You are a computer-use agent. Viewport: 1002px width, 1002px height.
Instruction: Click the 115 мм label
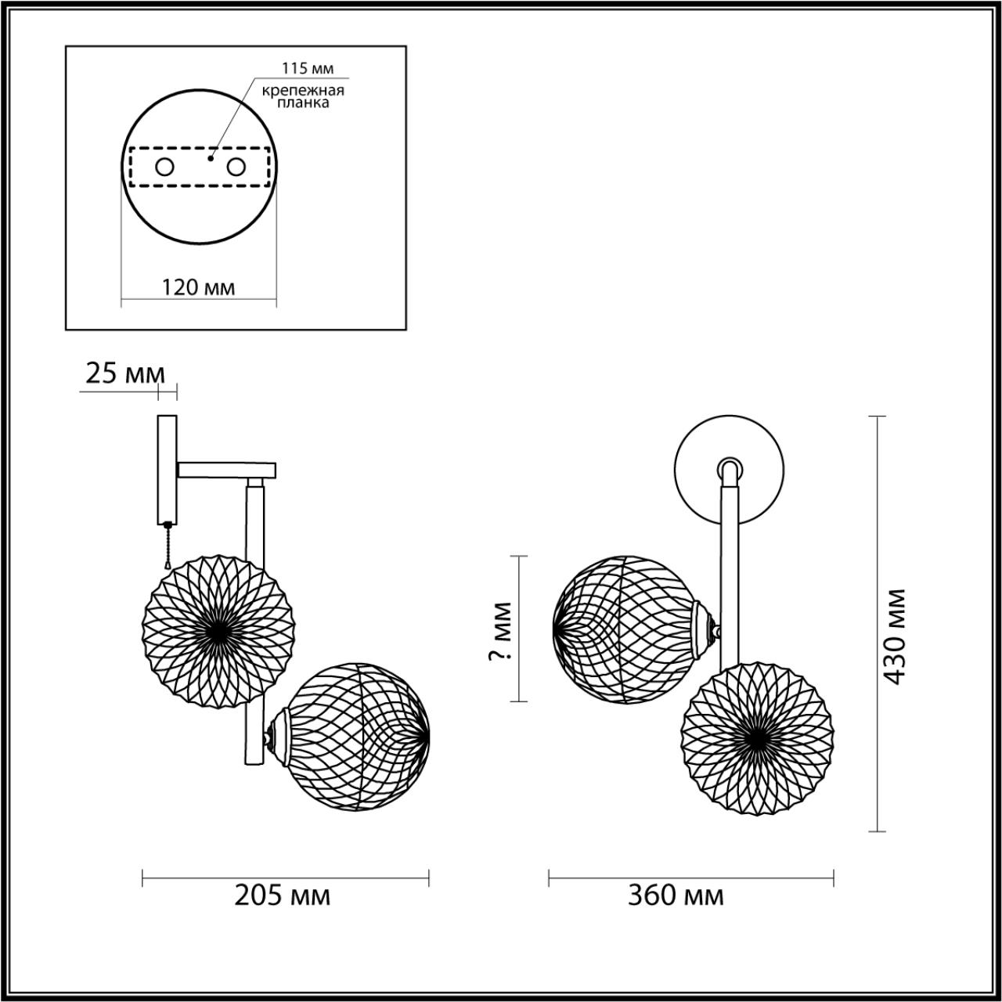pos(308,68)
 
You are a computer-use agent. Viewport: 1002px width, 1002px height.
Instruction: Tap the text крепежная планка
pos(303,97)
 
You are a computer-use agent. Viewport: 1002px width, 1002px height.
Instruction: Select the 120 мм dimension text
pos(199,287)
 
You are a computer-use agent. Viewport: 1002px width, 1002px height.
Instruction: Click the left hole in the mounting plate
pos(165,168)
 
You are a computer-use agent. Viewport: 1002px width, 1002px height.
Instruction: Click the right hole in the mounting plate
pos(236,168)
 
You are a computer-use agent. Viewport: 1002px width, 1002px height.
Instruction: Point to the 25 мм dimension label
pos(125,373)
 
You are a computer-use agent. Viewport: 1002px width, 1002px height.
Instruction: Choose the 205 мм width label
pos(283,896)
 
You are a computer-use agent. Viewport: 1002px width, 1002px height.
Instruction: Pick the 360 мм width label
pos(676,896)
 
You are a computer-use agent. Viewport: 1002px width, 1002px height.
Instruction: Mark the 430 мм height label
pos(895,636)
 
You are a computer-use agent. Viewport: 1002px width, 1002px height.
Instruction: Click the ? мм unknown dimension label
pos(500,631)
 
